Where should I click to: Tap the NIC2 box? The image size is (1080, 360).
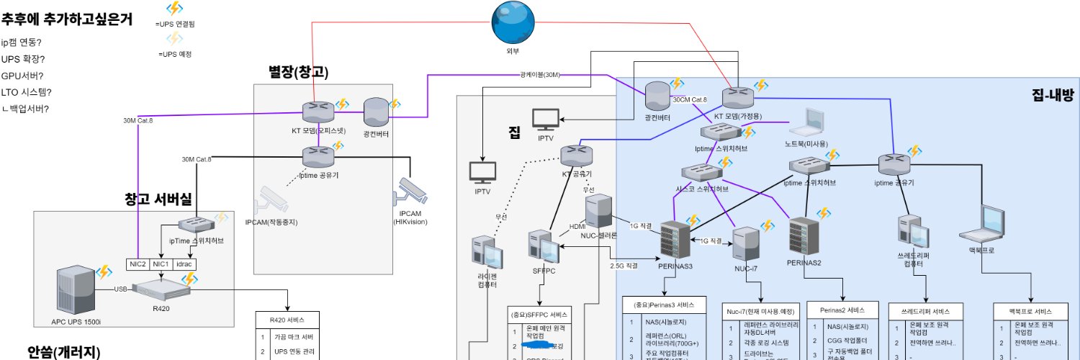coord(138,264)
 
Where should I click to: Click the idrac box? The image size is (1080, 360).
coord(183,264)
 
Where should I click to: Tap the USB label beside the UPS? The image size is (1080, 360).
coord(120,289)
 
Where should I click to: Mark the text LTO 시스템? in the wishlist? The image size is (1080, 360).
coord(27,92)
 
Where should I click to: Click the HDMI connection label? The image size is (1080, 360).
coord(577,226)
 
